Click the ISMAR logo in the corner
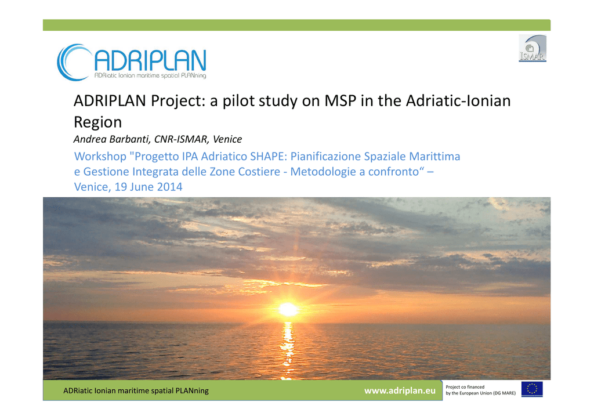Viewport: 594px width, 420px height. point(533,48)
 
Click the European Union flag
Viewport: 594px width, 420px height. point(532,389)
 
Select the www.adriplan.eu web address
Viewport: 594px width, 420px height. point(400,390)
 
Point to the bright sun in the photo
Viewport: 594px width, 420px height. point(288,309)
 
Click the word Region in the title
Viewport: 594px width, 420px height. point(97,122)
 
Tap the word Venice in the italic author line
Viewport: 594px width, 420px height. point(227,139)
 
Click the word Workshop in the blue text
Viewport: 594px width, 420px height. point(100,157)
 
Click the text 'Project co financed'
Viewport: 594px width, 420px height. point(465,387)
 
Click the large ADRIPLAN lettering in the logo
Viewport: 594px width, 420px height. point(150,60)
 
